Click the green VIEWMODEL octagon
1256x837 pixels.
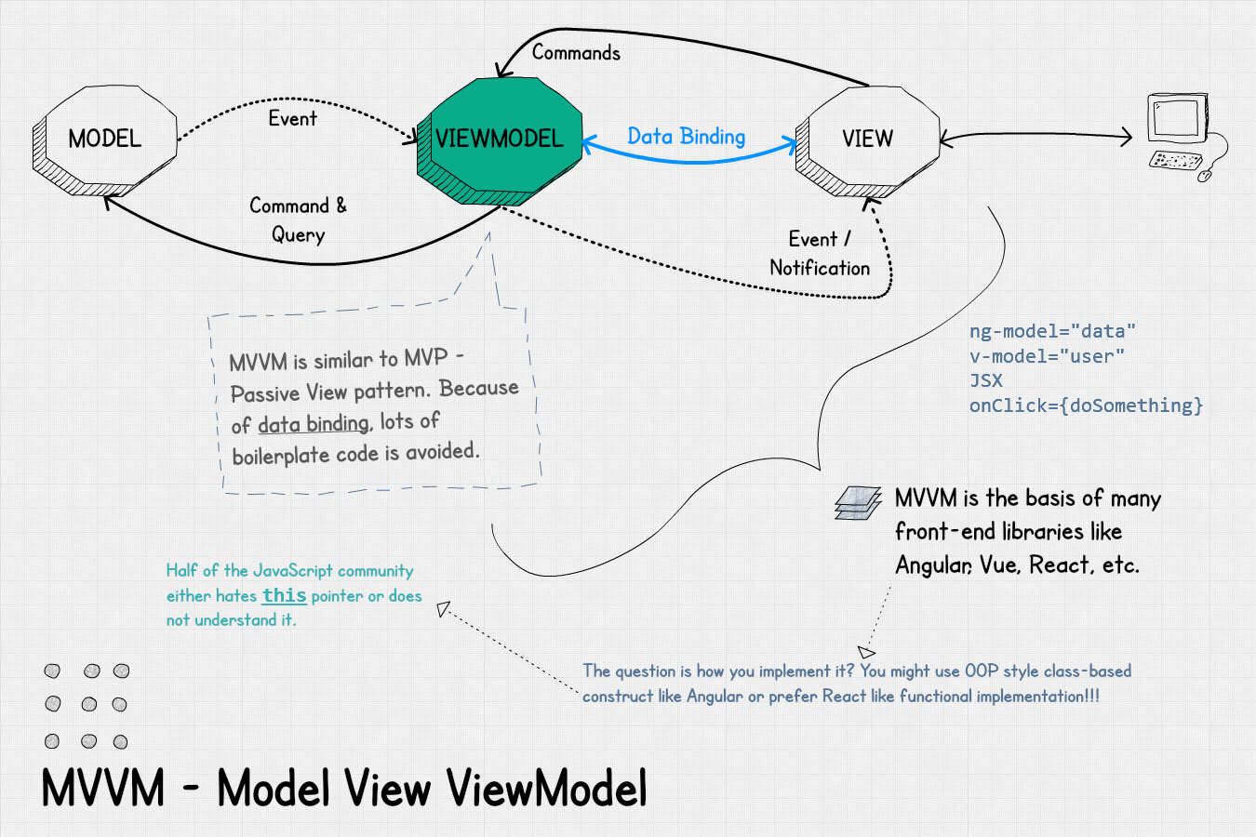(501, 139)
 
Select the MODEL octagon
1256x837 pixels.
(105, 139)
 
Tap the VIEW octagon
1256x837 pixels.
(868, 139)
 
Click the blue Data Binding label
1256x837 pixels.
(686, 137)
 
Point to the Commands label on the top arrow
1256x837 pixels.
(576, 53)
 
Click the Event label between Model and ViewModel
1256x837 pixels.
(292, 119)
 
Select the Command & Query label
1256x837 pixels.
(298, 219)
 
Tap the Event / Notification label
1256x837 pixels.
(820, 254)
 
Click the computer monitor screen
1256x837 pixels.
(1175, 119)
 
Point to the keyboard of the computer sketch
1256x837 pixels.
(1174, 161)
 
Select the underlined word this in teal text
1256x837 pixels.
(284, 595)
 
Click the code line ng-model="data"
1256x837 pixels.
(1052, 331)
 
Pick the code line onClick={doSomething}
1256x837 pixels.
(1086, 405)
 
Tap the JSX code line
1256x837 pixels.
(986, 380)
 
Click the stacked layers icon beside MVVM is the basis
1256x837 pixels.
(858, 503)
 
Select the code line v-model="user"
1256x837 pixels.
(1047, 356)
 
